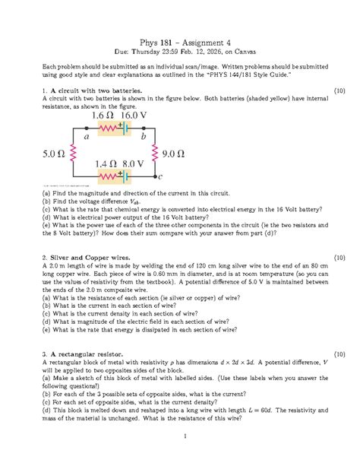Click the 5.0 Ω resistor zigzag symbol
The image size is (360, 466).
(x=71, y=154)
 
